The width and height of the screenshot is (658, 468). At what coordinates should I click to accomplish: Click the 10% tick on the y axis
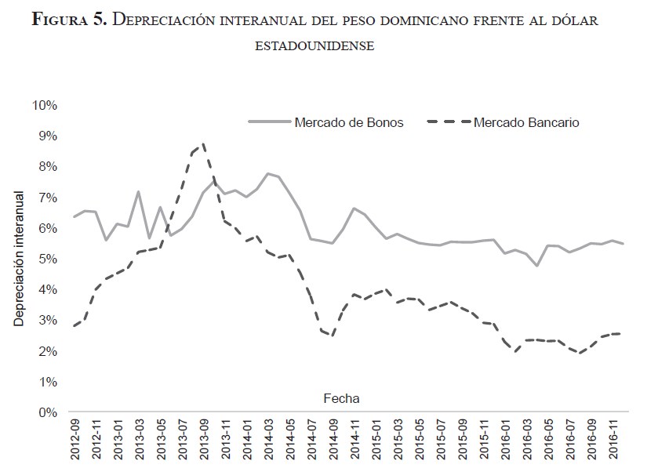(45, 105)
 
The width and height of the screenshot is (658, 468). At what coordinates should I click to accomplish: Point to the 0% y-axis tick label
(48, 412)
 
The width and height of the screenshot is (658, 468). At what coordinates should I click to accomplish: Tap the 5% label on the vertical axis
(48, 259)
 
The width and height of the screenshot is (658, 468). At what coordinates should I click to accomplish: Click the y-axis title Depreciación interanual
(19, 258)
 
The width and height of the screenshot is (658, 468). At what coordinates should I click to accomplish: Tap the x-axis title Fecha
(341, 398)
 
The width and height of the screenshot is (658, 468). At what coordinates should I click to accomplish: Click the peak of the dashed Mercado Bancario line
(204, 144)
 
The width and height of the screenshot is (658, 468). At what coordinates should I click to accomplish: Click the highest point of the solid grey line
(268, 174)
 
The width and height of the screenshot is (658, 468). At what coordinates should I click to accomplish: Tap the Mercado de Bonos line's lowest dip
(537, 266)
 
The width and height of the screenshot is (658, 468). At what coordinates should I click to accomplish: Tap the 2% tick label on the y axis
(48, 351)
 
